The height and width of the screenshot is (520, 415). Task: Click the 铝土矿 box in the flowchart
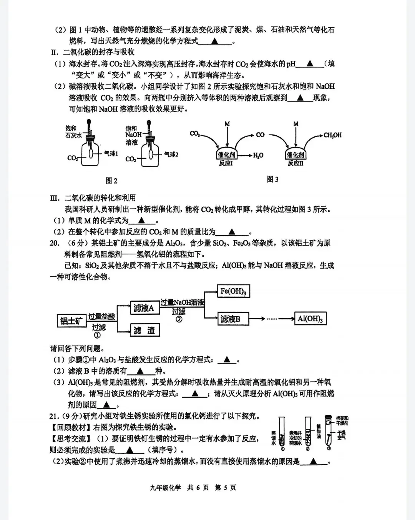(71, 320)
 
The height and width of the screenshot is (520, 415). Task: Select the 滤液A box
(144, 308)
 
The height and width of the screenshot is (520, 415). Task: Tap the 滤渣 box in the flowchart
(144, 330)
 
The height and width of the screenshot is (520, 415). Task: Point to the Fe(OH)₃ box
(233, 291)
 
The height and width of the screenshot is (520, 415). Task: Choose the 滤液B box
(233, 319)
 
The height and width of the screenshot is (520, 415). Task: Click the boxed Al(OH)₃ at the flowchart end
(310, 319)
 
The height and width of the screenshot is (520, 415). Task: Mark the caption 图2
(111, 181)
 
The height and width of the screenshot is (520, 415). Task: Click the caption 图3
(272, 179)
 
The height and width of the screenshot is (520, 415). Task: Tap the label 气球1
(111, 153)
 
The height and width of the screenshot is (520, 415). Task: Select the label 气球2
(171, 154)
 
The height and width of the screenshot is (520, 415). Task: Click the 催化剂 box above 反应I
(226, 155)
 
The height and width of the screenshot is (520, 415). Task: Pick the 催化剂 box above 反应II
(295, 155)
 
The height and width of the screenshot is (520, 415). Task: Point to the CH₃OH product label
(332, 135)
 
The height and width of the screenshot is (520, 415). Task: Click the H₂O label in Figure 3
(258, 155)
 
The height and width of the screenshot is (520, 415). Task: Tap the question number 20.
(55, 243)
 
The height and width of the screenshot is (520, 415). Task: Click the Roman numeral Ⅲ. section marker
(55, 198)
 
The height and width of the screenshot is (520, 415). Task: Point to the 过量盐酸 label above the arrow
(101, 316)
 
